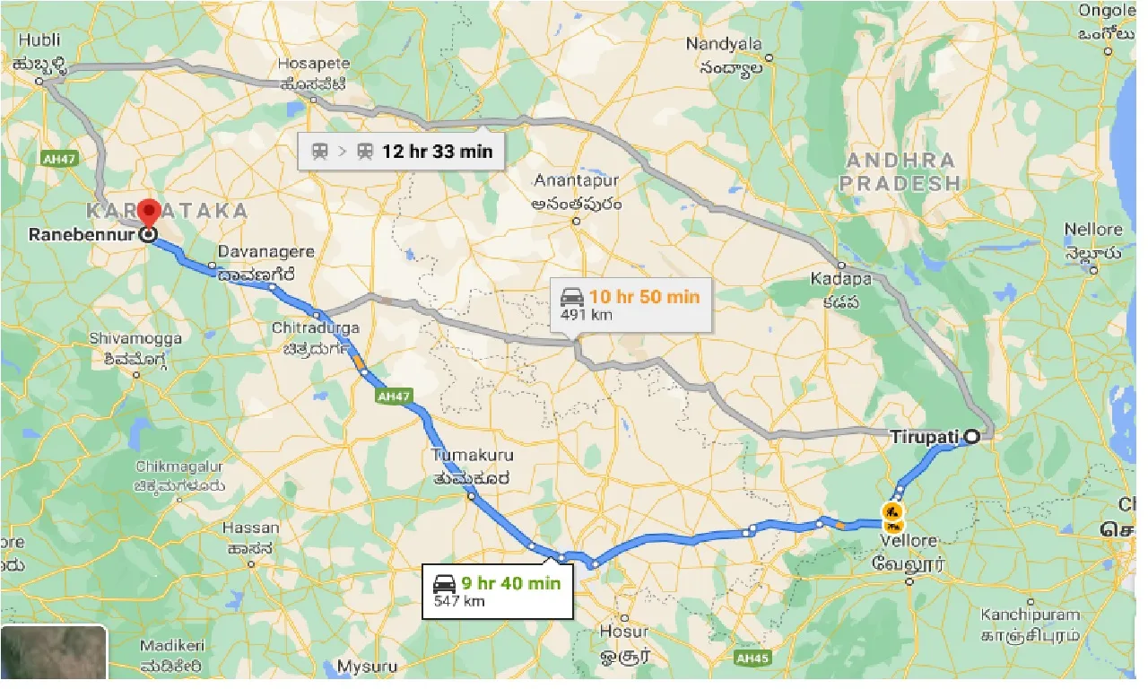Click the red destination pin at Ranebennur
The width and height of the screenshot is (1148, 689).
[150, 214]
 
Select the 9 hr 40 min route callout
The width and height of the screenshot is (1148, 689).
[497, 591]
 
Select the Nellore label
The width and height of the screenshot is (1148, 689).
[1092, 230]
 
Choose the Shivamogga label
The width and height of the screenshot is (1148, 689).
[135, 339]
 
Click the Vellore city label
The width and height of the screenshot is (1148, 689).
[909, 541]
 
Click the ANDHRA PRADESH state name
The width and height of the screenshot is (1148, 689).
[901, 171]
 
